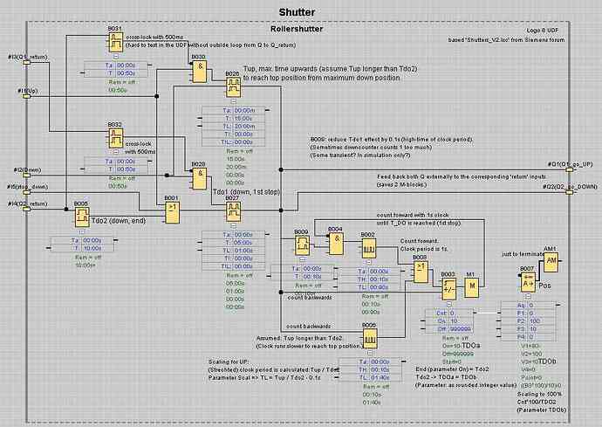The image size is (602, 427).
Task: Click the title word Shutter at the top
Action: pyautogui.click(x=297, y=12)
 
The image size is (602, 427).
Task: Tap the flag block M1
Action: pyautogui.click(x=471, y=289)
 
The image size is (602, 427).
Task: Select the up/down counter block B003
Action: pyautogui.click(x=448, y=289)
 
